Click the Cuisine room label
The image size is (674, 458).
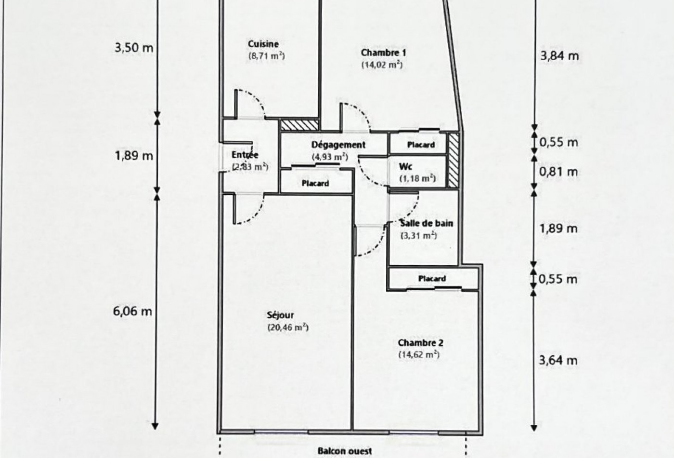263,44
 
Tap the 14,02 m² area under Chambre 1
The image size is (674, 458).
382,65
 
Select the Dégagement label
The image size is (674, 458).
338,145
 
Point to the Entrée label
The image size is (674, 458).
245,155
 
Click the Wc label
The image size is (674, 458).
405,167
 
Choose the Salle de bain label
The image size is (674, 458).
427,223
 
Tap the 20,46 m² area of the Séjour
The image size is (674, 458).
288,327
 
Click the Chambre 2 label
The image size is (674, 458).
420,343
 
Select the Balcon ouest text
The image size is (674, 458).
345,451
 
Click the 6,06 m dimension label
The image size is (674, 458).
132,311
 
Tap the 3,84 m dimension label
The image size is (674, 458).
559,56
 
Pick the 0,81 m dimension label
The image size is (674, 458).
558,172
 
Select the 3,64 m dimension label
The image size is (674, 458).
558,361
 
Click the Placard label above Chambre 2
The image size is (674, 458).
432,279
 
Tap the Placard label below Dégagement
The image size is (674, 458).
315,183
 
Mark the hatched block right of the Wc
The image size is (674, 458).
453,160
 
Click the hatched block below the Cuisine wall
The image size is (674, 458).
299,125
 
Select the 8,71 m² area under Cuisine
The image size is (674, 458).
266,56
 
